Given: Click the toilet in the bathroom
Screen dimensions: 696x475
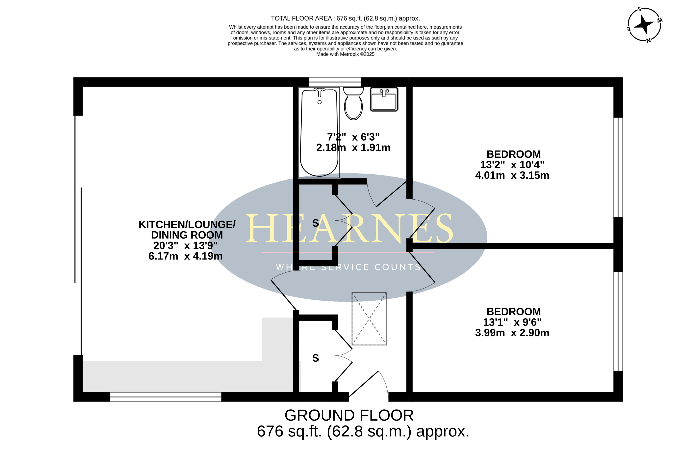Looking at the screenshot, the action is click(x=353, y=103).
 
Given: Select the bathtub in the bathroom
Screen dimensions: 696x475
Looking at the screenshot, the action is click(x=319, y=132).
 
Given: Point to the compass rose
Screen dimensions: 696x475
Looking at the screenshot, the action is click(x=644, y=25).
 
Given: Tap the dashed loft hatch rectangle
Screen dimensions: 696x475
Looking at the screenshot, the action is click(x=369, y=319).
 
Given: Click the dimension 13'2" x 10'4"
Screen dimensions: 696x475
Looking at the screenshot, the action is click(x=512, y=165).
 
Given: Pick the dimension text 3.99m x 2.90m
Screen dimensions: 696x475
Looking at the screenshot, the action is click(x=512, y=333).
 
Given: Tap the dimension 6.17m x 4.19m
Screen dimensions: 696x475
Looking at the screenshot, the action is click(x=186, y=256).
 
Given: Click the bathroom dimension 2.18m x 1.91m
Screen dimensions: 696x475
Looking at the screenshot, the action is click(x=353, y=148).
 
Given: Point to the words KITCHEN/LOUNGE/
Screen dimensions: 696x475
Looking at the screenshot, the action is click(x=187, y=224).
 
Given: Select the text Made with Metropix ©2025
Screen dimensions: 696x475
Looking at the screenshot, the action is click(x=345, y=54).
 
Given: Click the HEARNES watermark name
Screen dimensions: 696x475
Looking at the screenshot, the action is click(x=349, y=228).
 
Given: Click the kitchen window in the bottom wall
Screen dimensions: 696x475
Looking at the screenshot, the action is click(x=166, y=397).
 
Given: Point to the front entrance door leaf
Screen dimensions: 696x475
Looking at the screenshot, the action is click(x=364, y=384).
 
